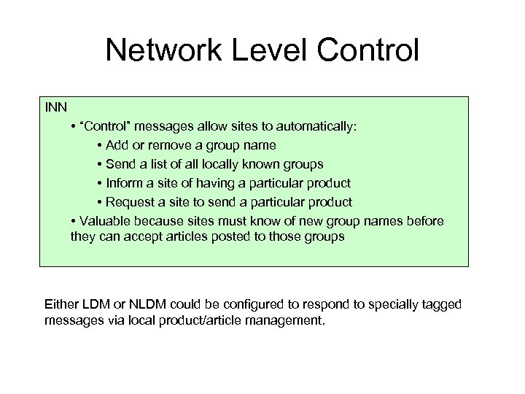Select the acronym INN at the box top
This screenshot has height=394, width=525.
pyautogui.click(x=55, y=107)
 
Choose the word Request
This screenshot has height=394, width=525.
pyautogui.click(x=131, y=202)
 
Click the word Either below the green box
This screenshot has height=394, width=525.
pyautogui.click(x=63, y=304)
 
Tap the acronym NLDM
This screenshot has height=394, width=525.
pyautogui.click(x=145, y=304)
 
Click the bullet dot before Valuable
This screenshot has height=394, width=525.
pyautogui.click(x=74, y=221)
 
